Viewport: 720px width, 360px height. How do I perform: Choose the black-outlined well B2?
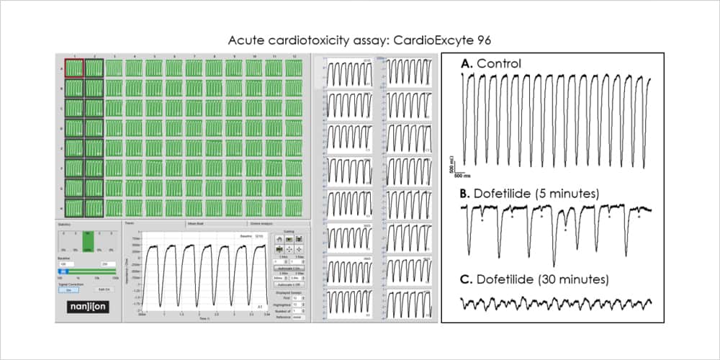pos(95,89)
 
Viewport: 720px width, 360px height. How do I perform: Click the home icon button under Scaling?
pos(279,238)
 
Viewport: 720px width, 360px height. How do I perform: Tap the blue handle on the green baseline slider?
pos(63,272)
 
